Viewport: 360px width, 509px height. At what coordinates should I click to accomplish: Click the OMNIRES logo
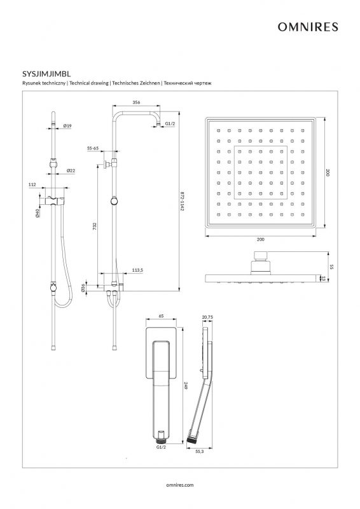pyautogui.click(x=308, y=27)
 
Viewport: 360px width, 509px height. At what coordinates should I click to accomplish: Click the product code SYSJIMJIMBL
pyautogui.click(x=46, y=74)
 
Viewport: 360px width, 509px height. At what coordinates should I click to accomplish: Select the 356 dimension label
pyautogui.click(x=136, y=102)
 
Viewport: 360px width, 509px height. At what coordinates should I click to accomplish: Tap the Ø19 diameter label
pyautogui.click(x=67, y=125)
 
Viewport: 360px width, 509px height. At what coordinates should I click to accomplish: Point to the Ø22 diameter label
pyautogui.click(x=71, y=171)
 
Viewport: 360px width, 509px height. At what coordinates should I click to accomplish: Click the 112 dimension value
pyautogui.click(x=32, y=185)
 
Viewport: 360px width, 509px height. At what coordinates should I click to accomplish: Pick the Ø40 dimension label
pyautogui.click(x=38, y=213)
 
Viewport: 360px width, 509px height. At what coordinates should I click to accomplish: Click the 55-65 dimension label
pyautogui.click(x=93, y=148)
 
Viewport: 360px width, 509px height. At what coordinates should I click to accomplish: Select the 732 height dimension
pyautogui.click(x=95, y=226)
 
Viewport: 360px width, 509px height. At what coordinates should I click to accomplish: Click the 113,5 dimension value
pyautogui.click(x=137, y=270)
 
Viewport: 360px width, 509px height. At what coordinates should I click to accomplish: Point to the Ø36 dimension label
pyautogui.click(x=83, y=288)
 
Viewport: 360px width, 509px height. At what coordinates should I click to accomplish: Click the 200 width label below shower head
pyautogui.click(x=260, y=240)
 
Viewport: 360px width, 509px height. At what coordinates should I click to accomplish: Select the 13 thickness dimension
pyautogui.click(x=323, y=278)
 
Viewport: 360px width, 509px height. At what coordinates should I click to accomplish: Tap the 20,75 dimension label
pyautogui.click(x=207, y=317)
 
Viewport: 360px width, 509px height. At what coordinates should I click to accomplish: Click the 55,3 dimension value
pyautogui.click(x=200, y=452)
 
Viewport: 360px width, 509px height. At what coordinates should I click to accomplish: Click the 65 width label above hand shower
pyautogui.click(x=162, y=316)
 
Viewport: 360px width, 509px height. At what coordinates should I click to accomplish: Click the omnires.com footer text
pyautogui.click(x=179, y=485)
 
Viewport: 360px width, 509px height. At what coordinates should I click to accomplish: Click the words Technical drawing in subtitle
pyautogui.click(x=89, y=83)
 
